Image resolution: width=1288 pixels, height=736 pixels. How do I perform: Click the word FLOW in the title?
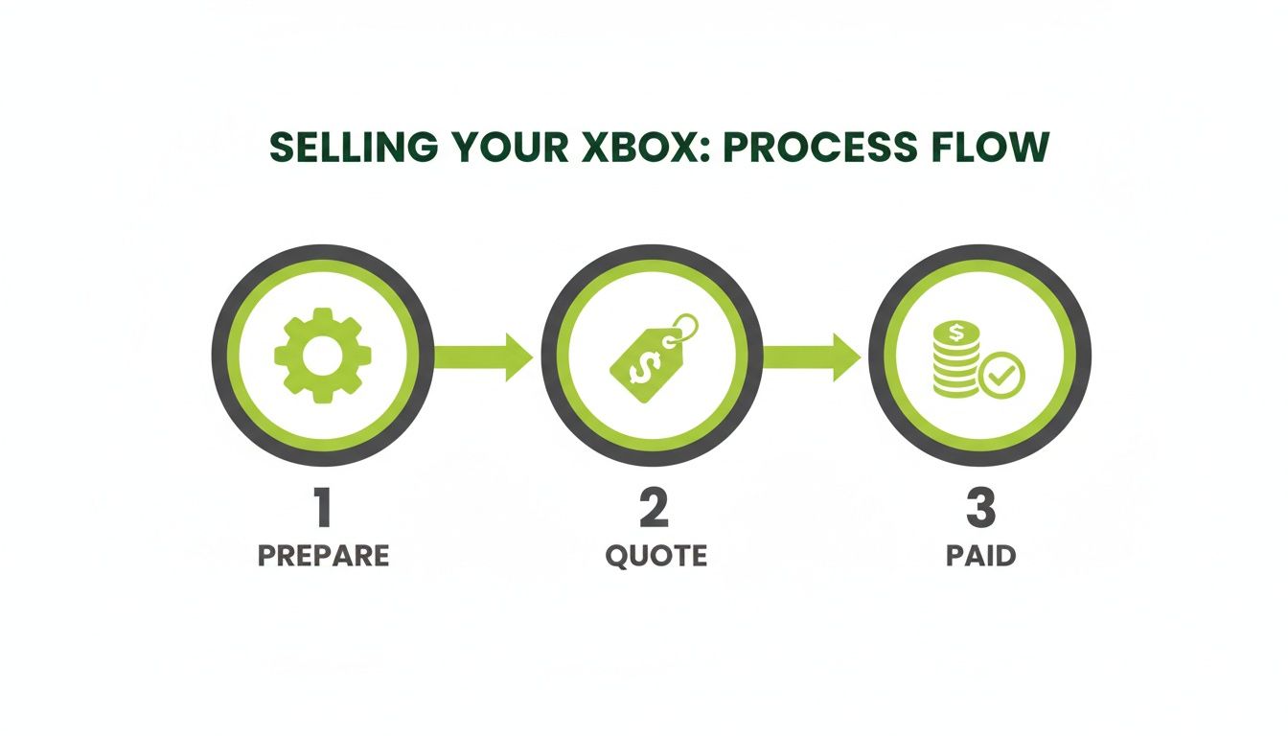997,149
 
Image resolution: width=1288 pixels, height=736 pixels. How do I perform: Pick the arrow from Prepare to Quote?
484,356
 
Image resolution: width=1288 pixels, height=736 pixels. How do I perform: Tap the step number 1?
323,509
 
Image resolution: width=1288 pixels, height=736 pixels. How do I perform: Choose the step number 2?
654,509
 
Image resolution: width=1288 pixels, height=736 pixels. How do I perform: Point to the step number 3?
980,509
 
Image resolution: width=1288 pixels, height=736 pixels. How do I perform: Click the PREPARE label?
323,556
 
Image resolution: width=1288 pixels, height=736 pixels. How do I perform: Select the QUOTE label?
655,556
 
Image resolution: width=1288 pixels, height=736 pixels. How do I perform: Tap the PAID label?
980,556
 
